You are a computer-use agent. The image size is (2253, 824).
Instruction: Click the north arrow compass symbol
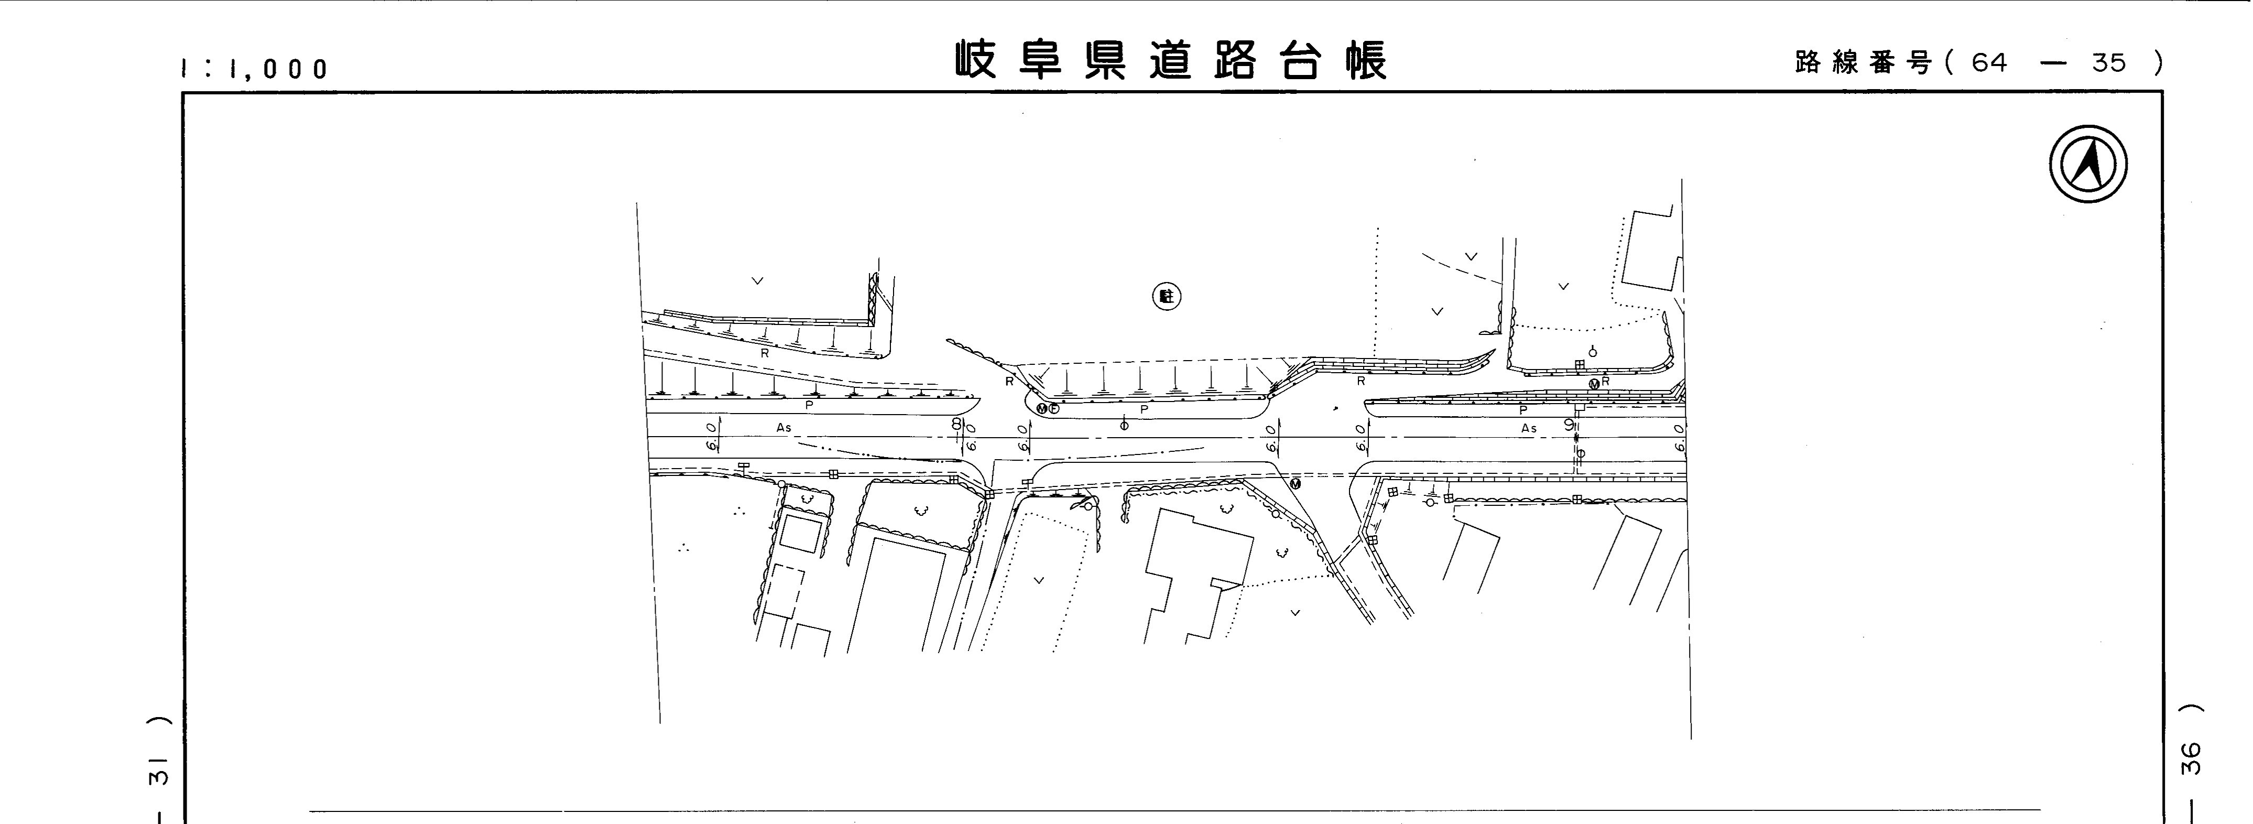point(2088,165)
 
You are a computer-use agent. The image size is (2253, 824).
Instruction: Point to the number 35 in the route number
point(2108,63)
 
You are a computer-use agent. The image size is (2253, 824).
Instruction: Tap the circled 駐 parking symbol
point(1166,297)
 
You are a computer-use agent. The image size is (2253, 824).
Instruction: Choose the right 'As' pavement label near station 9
point(1529,429)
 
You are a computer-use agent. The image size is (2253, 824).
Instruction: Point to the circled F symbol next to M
point(1054,408)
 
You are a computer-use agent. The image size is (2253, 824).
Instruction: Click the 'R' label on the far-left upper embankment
point(765,353)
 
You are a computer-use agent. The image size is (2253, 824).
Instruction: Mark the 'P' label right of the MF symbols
point(1144,409)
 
